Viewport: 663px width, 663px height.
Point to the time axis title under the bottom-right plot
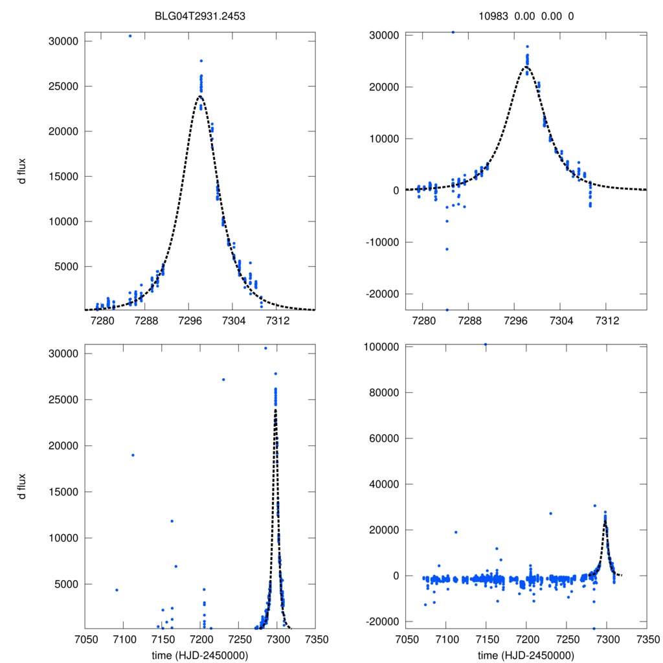526,655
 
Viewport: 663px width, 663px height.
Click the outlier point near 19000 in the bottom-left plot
133,455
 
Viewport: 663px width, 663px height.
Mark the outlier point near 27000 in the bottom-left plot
223,379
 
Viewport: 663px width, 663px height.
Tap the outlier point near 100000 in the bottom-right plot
486,344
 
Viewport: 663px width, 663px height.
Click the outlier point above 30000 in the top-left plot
130,36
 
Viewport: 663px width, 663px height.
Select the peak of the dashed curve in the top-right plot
526,67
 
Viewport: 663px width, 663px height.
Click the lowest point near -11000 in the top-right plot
447,249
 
